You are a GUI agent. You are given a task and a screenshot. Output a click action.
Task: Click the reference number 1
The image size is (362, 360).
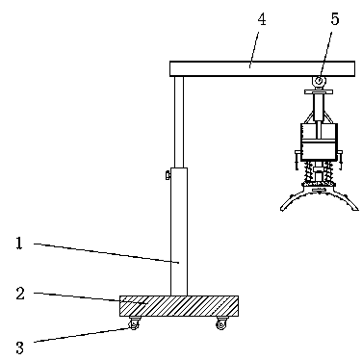click(x=19, y=244)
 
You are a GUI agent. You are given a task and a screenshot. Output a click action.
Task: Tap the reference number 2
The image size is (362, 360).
click(x=20, y=294)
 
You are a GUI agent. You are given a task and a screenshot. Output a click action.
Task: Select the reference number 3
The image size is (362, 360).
click(x=20, y=347)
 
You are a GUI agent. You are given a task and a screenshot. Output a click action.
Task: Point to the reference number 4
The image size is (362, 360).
click(x=262, y=19)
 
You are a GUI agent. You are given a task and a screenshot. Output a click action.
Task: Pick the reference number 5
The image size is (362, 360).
click(x=335, y=19)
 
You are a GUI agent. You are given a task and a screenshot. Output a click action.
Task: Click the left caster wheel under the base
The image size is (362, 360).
click(x=134, y=323)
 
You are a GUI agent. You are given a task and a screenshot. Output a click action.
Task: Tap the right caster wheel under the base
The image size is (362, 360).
click(x=221, y=323)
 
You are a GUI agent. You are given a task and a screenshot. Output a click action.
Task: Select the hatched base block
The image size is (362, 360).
click(x=179, y=306)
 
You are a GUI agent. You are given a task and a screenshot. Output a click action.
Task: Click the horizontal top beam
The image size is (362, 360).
click(x=262, y=68)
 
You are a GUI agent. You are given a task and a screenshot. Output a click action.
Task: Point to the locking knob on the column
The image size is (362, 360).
click(x=168, y=175)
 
